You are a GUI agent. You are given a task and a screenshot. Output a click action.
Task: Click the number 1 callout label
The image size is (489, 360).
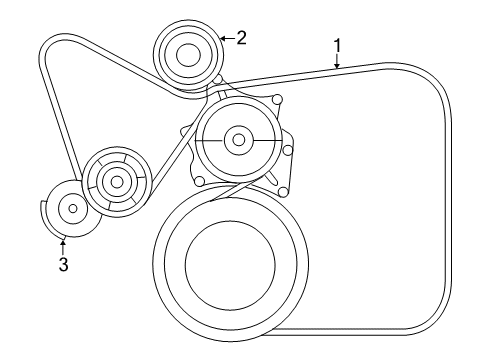(338, 44)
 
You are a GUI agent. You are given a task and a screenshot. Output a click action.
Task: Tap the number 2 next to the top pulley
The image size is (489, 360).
(241, 37)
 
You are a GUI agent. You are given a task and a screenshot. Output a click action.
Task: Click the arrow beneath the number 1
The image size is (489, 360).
(338, 60)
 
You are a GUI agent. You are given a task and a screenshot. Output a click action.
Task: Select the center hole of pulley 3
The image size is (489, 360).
(72, 208)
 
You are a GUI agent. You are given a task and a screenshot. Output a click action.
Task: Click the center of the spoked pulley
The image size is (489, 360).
(116, 182)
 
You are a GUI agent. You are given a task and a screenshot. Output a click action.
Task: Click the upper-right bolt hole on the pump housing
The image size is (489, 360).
(278, 98)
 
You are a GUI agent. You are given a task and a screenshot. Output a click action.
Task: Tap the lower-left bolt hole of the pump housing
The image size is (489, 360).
(199, 181)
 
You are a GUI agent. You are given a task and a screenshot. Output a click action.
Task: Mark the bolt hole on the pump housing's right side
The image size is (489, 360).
(288, 150)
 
